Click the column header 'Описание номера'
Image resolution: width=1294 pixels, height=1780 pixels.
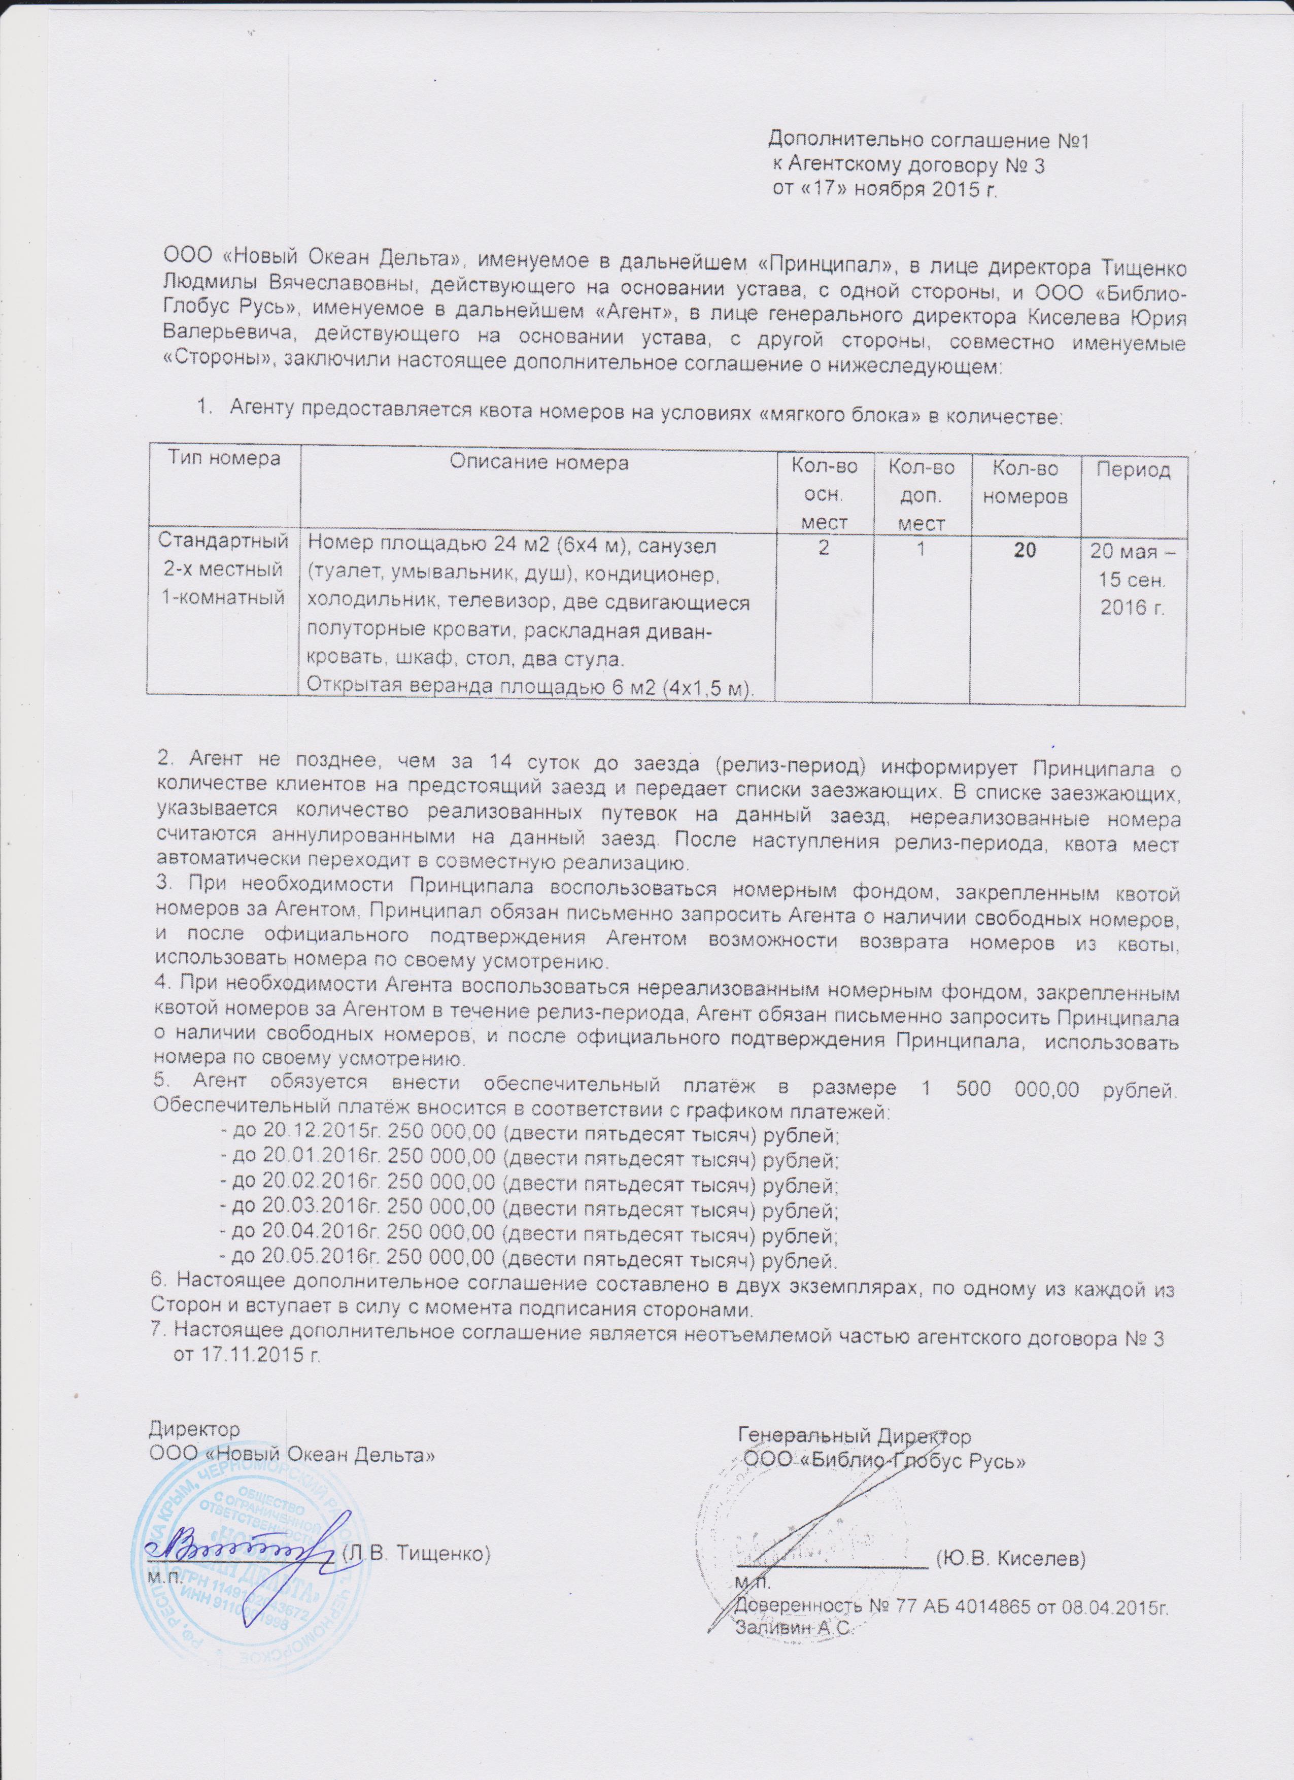coord(538,462)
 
